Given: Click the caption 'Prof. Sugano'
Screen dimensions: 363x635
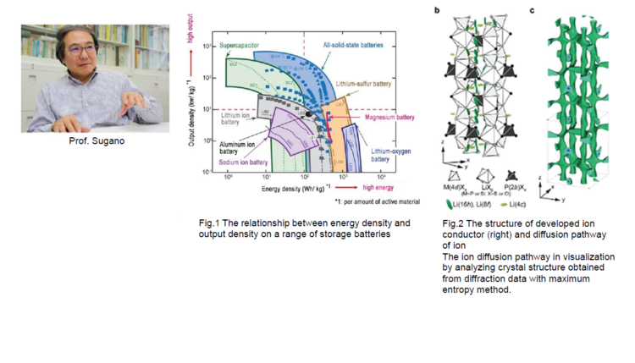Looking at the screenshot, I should pos(95,140).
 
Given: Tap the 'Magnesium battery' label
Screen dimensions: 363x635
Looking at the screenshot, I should pos(389,118).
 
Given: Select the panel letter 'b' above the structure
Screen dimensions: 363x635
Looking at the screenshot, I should pos(436,11).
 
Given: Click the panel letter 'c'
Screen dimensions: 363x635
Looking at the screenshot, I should pos(531,11).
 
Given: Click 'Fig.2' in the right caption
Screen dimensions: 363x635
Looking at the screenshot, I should pos(454,224).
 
